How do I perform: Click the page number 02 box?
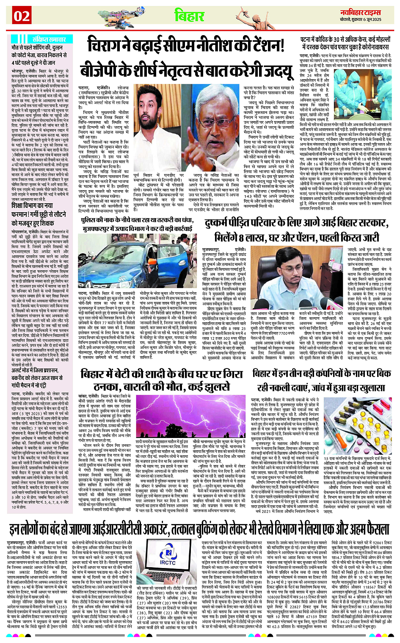coord(21,16)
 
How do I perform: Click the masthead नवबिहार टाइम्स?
coord(361,12)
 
